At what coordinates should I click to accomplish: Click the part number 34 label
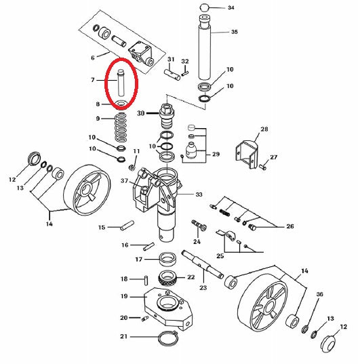tap(231, 7)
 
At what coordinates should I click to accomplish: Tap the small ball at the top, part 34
tap(204, 7)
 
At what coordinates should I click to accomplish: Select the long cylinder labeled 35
tap(205, 47)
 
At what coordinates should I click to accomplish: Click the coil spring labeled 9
tap(121, 127)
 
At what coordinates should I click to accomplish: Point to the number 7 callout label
tap(93, 80)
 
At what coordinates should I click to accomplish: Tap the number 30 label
tap(141, 113)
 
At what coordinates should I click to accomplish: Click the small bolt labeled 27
tap(263, 167)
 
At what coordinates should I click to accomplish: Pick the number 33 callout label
tap(199, 195)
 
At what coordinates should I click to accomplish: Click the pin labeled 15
tap(127, 226)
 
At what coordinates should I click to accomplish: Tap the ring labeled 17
tap(167, 259)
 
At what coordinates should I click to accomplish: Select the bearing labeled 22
tap(167, 278)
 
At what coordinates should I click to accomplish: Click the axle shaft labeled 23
tap(203, 264)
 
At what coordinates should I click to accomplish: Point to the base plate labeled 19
tap(168, 308)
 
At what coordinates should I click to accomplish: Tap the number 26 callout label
tap(290, 226)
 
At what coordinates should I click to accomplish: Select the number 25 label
tap(220, 256)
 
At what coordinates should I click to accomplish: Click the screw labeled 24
tap(199, 225)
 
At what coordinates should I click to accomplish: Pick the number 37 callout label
tap(125, 180)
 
